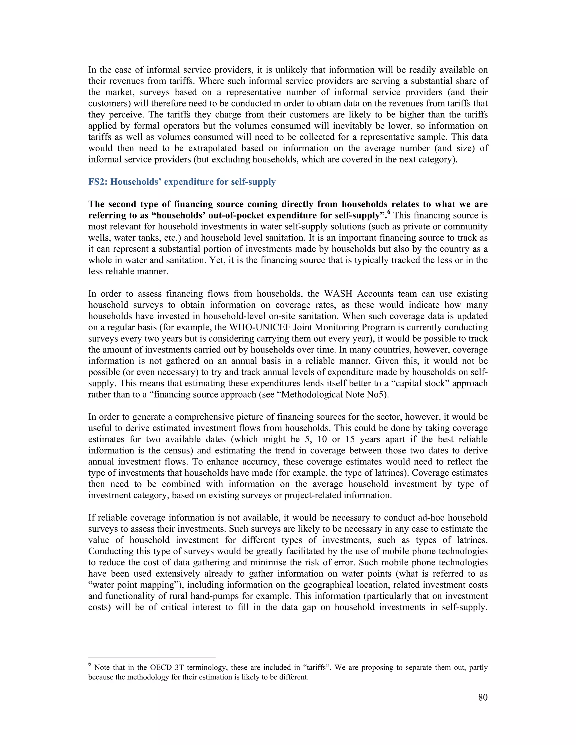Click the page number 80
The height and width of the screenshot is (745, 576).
coord(483,697)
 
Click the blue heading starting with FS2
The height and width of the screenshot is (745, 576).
coord(182,182)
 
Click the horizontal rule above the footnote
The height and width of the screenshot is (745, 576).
coord(152,657)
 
